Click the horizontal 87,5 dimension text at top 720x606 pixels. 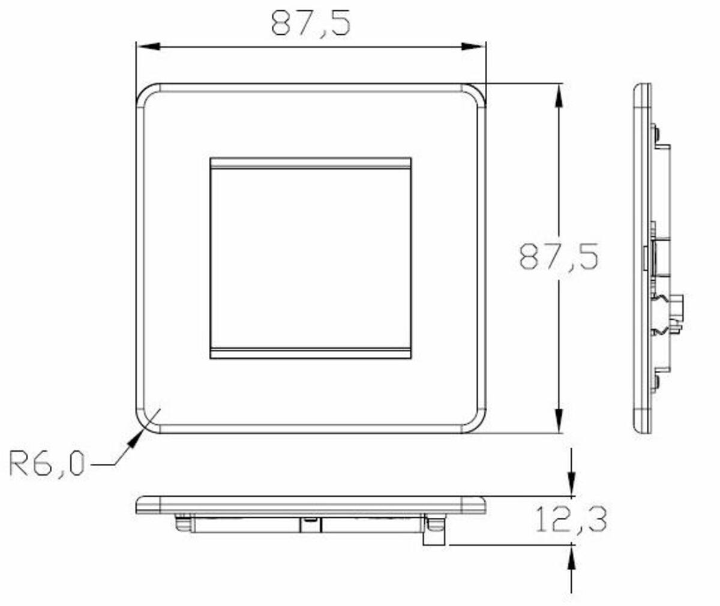coord(310,23)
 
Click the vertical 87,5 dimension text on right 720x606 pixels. coord(559,256)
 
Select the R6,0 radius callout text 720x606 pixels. coord(47,463)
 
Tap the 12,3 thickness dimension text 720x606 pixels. coord(570,520)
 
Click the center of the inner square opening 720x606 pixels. coord(311,258)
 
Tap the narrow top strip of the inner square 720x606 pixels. coord(311,163)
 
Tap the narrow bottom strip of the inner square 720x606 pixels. coord(311,353)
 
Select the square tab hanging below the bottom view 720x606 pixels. coord(434,538)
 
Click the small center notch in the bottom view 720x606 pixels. coord(310,520)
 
